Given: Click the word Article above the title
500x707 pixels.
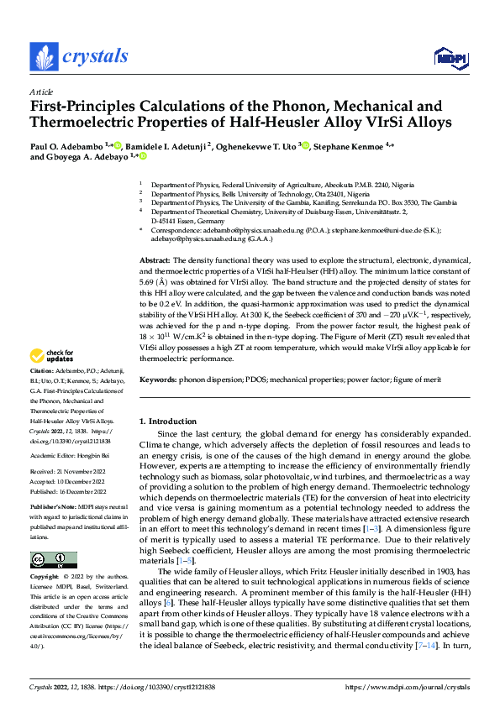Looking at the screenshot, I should [40, 92].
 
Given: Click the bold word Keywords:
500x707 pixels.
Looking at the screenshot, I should [158, 380].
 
